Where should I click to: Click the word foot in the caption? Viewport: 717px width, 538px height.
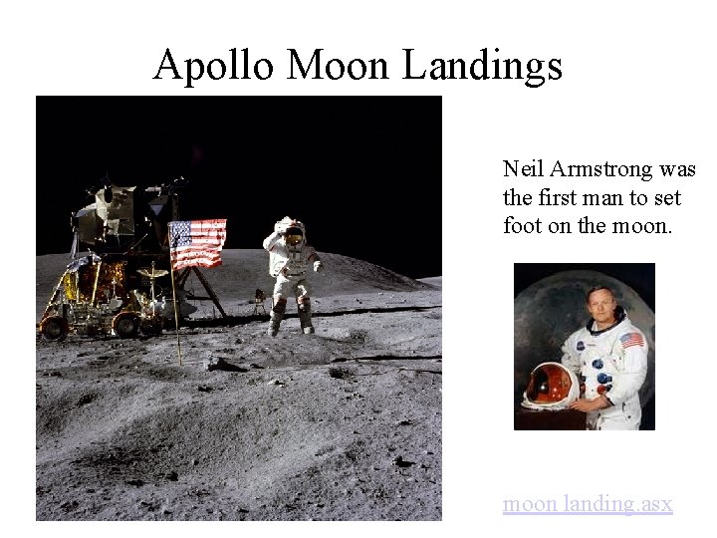(523, 226)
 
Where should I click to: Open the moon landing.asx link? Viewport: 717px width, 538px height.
(588, 504)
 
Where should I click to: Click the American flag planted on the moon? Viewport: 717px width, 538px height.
(197, 244)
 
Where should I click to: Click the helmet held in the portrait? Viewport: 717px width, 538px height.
(551, 385)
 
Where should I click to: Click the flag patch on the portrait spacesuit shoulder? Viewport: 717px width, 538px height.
(631, 341)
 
